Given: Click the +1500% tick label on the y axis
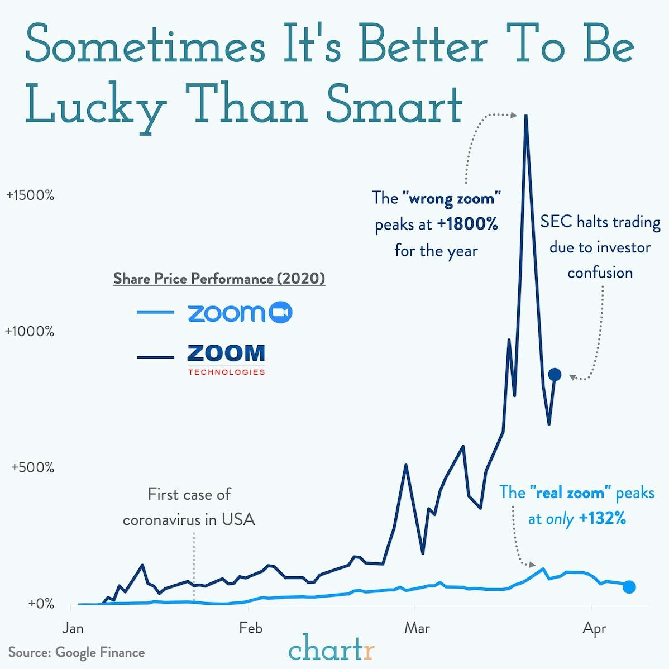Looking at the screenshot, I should pos(30,195).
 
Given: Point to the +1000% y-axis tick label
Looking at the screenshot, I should pos(30,331).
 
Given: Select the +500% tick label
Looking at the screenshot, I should pos(33,467).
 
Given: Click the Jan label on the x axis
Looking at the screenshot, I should pos(73,628).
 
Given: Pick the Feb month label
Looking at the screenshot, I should pos(250,628).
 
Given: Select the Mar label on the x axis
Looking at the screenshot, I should pos(417,628).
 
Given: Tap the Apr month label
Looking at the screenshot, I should pos(594,629).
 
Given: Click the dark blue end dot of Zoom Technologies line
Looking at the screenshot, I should pos(555,374).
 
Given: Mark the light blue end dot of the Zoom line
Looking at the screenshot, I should pos(629,586).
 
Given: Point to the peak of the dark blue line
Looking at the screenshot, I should pos(525,116).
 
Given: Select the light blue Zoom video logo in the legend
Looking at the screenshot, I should pos(240,313).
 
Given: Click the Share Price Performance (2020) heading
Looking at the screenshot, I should pos(219,278).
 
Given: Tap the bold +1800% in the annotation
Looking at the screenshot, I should pos(467,224).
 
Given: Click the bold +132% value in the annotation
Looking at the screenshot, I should pos(602,518).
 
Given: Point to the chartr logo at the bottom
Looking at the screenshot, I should pos(332,649).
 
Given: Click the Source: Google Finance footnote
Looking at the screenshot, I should pos(77,652).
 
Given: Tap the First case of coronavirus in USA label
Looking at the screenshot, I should pos(189,507).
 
